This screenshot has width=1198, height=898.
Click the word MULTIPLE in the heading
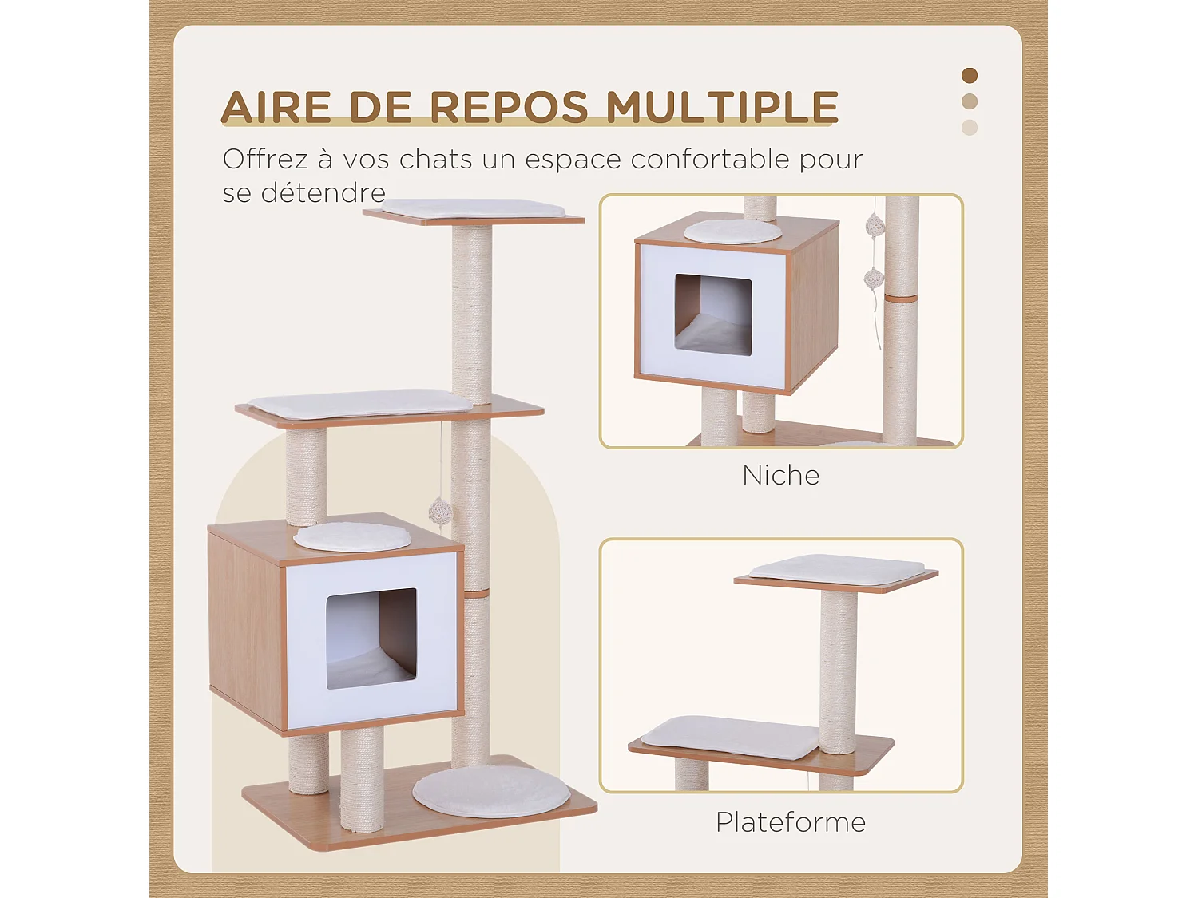pos(722,108)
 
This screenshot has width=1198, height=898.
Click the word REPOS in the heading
pos(509,108)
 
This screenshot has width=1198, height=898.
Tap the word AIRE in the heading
pos(276,108)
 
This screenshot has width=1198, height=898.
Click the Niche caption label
pos(780,476)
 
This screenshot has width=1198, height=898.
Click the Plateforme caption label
pos(790,822)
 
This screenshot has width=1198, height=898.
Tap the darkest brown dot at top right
pos(970,76)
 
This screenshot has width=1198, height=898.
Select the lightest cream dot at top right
pos(970,128)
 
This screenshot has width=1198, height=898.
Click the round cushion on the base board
pos(490,791)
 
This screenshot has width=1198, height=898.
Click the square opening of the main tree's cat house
pos(371,639)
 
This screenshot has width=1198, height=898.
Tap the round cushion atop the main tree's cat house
pos(351,536)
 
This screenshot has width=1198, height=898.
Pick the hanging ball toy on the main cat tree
pos(440,512)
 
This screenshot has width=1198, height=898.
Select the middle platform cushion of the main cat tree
pos(359,404)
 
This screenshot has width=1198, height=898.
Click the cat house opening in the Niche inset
pos(713,314)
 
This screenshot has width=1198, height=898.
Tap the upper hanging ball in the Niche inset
pos(875,226)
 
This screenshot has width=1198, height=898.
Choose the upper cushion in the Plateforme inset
pos(837,570)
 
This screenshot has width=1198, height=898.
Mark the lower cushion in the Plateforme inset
pos(730,737)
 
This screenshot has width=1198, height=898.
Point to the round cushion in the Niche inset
pos(732,231)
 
